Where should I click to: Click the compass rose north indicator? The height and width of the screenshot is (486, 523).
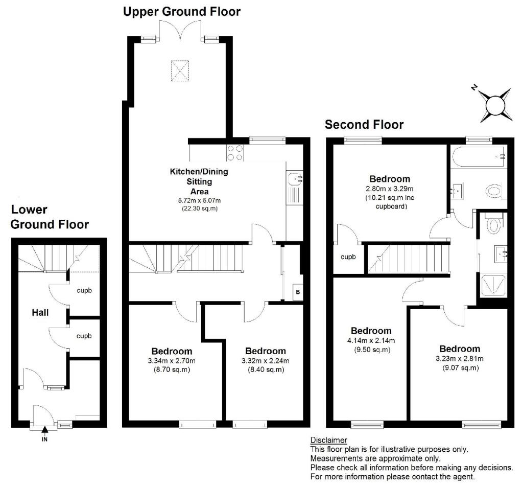point(495,106)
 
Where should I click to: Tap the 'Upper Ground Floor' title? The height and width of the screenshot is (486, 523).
point(182,11)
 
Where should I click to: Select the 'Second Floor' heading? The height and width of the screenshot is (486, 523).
point(364,124)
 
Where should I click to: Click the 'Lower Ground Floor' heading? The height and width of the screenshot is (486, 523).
point(50,217)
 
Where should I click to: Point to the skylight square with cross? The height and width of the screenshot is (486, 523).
point(179,71)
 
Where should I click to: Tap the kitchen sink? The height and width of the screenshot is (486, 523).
point(296,179)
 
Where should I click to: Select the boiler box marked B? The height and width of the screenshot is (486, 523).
point(297,293)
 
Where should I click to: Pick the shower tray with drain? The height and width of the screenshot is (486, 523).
point(493,287)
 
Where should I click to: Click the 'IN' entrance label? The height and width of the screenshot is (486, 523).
point(44,437)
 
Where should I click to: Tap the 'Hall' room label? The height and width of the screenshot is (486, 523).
point(40,312)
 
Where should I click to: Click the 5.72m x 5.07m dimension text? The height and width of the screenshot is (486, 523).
point(199,201)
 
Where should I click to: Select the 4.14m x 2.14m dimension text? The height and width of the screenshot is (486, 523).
point(371,341)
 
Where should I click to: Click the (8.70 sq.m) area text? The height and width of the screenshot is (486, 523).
point(172,369)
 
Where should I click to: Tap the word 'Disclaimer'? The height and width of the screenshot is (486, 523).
point(328,440)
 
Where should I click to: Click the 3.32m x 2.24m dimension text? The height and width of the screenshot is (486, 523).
point(265,361)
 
